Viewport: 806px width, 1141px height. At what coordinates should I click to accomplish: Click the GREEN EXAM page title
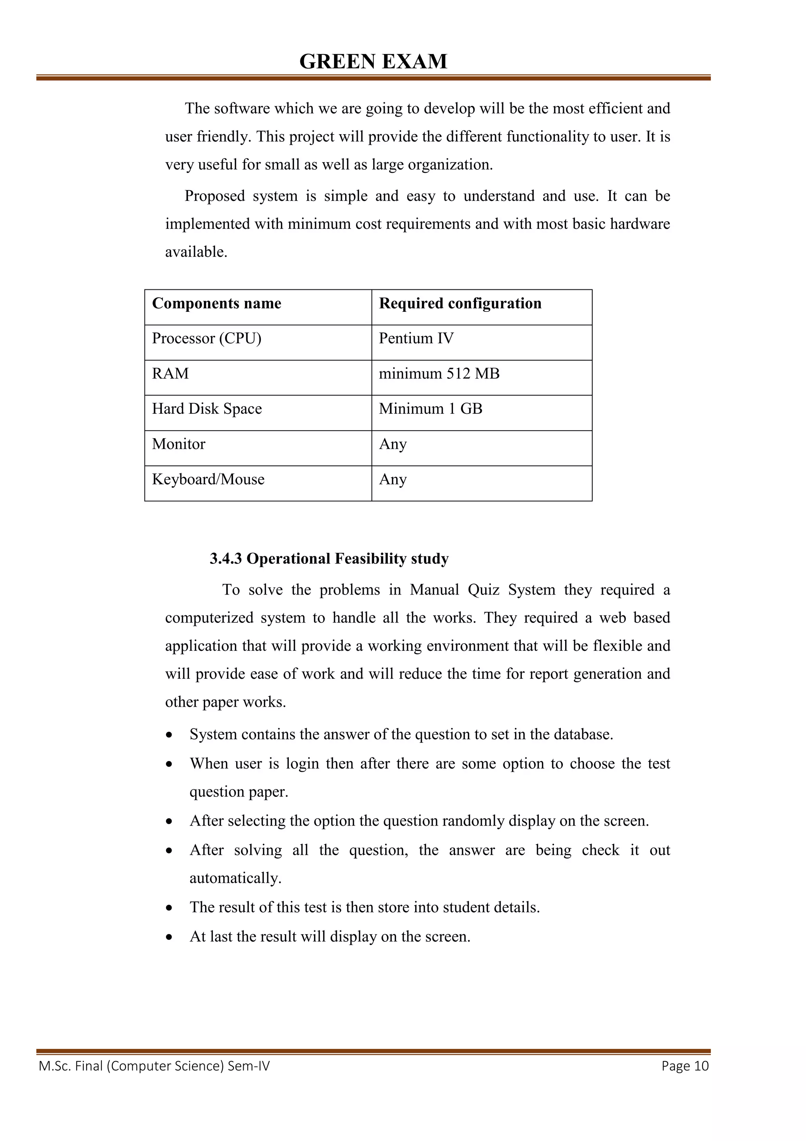[373, 62]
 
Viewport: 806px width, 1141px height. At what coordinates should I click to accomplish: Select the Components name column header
[216, 303]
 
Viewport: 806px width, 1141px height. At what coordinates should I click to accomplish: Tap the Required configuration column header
[460, 303]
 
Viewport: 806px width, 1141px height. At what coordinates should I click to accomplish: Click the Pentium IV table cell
[416, 339]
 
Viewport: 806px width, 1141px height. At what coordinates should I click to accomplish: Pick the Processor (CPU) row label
[207, 339]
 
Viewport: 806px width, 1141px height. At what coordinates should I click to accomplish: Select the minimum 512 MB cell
[439, 374]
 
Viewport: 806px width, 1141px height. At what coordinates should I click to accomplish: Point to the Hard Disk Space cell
[207, 409]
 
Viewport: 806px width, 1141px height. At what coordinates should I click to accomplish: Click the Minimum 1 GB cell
[431, 409]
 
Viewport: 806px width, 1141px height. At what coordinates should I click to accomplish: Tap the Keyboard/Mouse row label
[208, 480]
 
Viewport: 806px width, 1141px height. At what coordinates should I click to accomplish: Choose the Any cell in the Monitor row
[393, 444]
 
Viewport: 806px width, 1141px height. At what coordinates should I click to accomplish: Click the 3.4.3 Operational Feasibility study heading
[329, 559]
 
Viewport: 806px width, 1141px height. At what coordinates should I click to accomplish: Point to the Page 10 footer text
[685, 1066]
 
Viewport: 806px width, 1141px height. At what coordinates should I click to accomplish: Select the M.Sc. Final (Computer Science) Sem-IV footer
[154, 1066]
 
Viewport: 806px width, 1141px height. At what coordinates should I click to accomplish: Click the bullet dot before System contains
[170, 735]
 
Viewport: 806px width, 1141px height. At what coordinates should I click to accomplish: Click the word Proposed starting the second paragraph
[214, 196]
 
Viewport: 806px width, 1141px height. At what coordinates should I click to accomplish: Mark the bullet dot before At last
[170, 937]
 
